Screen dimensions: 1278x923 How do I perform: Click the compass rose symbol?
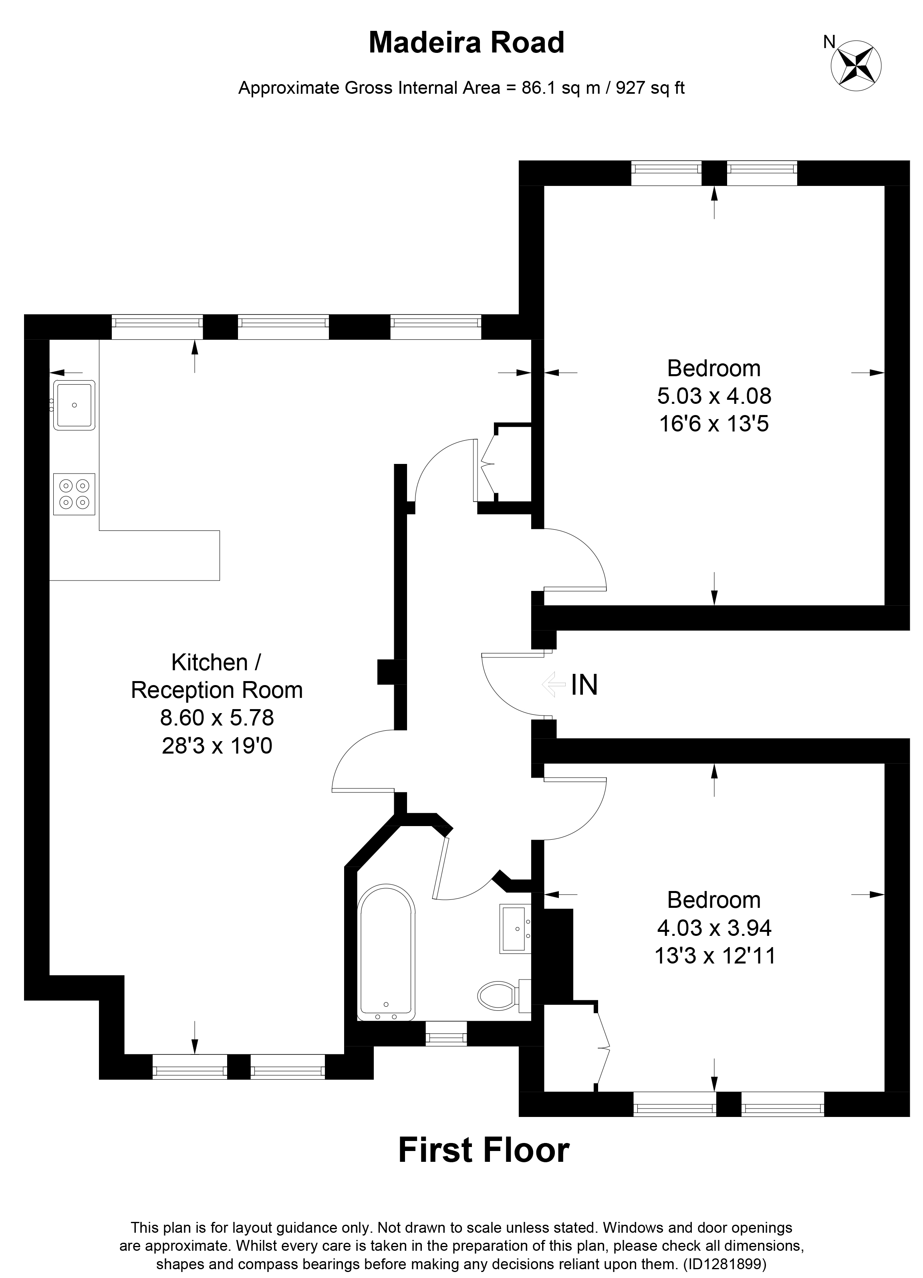click(x=856, y=66)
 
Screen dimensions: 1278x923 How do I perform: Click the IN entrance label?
click(x=584, y=685)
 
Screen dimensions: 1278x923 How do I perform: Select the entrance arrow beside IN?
click(x=553, y=685)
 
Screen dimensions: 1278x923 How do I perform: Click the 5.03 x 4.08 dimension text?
click(x=714, y=396)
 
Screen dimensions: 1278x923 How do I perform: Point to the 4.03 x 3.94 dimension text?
click(x=714, y=927)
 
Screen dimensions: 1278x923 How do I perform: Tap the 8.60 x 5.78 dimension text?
click(x=217, y=718)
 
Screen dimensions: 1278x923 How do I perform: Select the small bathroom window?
click(x=446, y=1037)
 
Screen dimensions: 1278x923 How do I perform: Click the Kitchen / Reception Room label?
click(x=217, y=676)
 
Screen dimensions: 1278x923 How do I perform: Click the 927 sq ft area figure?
click(x=650, y=88)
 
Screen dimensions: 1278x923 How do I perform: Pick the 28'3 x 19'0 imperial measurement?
click(x=217, y=746)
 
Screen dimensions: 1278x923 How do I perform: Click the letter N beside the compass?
click(x=828, y=42)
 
